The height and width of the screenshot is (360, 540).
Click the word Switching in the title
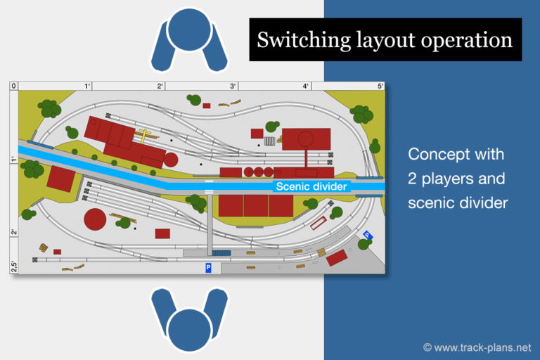[x=304, y=40]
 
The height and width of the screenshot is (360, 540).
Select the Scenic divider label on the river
[x=311, y=186]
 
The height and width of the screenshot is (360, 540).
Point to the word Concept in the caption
[x=435, y=154]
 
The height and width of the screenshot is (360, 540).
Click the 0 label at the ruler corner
[x=13, y=86]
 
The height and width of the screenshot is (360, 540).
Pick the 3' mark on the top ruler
[x=233, y=86]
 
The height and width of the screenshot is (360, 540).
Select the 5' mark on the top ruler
[x=380, y=86]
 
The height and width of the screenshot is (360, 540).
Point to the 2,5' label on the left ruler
[x=14, y=266]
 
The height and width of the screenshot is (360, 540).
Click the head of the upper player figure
[x=189, y=30]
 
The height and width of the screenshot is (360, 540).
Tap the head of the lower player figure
[x=189, y=330]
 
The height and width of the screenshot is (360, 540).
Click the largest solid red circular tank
[x=95, y=219]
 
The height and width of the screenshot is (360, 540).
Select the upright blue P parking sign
[x=208, y=268]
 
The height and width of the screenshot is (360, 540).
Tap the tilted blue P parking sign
[x=368, y=236]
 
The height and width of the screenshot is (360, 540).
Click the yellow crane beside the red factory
[x=145, y=136]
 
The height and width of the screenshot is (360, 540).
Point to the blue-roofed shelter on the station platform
[x=221, y=253]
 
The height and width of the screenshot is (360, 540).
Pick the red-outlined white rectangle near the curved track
[x=319, y=223]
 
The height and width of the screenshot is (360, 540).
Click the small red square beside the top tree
[x=207, y=105]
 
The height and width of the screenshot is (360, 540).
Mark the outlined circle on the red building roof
[x=305, y=139]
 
